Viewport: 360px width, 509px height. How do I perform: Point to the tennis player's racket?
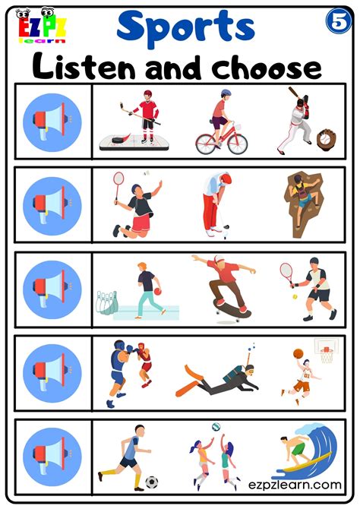(x=286, y=270)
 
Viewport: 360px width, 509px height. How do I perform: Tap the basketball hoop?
(x=325, y=351)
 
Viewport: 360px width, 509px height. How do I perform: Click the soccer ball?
(x=152, y=482)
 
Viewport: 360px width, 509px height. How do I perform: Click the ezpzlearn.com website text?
(x=294, y=485)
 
